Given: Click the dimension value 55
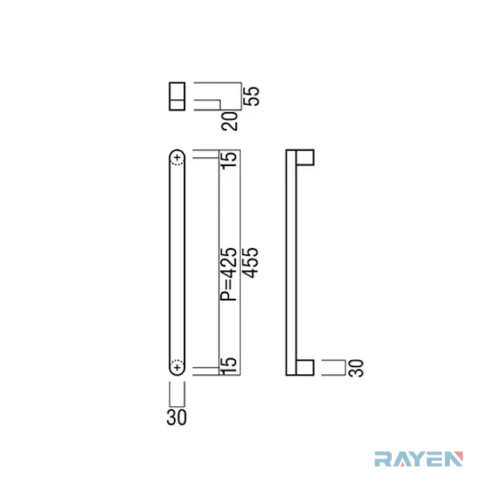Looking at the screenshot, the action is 251,96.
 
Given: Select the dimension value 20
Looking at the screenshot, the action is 230,121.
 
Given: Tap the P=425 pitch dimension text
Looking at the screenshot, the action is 228,274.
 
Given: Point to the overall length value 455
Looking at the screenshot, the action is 250,263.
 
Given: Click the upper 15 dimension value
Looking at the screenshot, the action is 229,160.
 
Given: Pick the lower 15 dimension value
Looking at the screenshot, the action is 229,366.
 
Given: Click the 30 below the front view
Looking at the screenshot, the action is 176,417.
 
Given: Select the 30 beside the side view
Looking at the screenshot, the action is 356,368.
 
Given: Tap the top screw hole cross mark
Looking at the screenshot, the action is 177,157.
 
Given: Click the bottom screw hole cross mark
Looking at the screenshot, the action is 177,367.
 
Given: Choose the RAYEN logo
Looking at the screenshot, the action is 419,459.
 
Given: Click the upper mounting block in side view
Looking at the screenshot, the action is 305,157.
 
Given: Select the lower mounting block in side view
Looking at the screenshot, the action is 305,368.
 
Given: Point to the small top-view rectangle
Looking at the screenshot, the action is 177,96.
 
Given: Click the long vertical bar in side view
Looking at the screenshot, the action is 291,263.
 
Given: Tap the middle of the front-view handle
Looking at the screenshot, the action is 177,263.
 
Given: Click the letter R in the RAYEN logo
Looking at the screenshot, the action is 382,459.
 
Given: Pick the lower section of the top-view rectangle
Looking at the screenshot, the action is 177,105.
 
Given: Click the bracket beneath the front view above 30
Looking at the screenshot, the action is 177,394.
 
